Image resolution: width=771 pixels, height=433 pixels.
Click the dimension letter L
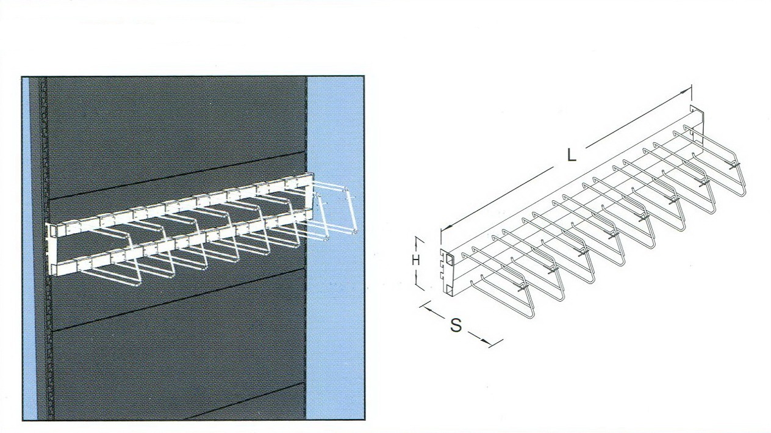tap(572, 155)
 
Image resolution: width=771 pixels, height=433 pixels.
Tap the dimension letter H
tap(416, 260)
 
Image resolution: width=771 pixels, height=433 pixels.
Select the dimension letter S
tap(456, 325)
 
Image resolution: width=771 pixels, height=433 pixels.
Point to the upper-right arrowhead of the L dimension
tap(687, 90)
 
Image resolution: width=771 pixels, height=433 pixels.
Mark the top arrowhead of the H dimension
tap(418, 241)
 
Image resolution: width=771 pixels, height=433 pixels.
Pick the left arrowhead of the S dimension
tap(428, 309)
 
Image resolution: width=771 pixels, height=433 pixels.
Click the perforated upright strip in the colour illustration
tap(44, 248)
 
